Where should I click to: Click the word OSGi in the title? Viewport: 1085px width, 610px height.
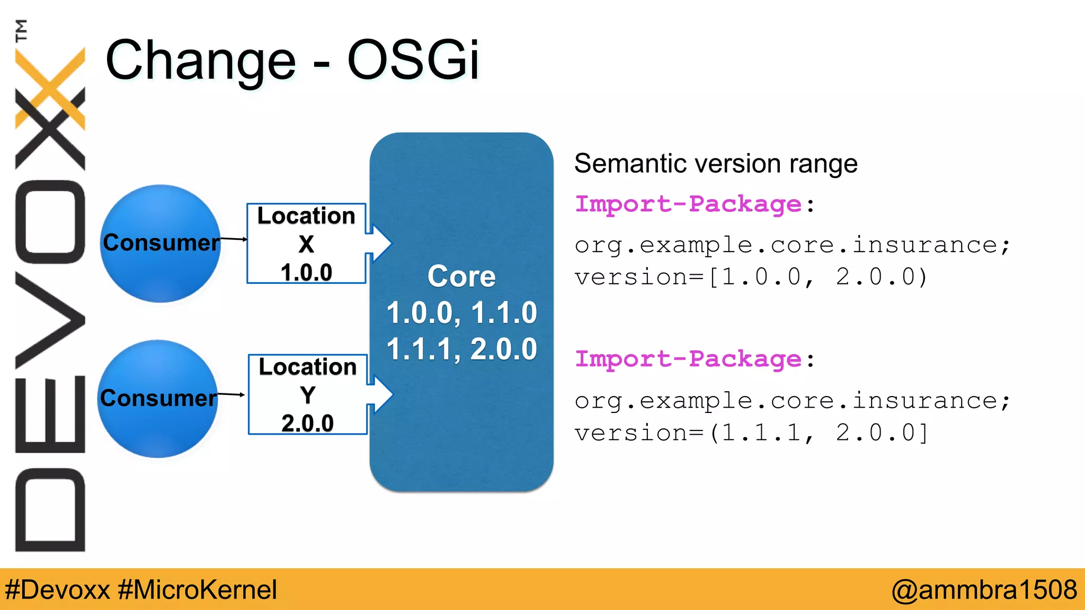coord(413,60)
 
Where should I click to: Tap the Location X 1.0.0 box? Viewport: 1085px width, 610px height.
coord(306,244)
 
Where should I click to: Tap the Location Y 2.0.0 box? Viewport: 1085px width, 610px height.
coord(307,394)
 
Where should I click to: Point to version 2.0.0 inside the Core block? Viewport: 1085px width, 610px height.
coord(503,349)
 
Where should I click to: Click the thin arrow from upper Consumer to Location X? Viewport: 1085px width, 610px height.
coord(233,239)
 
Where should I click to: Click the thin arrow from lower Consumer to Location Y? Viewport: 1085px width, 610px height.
coord(231,394)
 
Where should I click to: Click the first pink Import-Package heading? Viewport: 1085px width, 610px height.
coord(688,204)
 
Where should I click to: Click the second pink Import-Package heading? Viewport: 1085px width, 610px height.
coord(688,359)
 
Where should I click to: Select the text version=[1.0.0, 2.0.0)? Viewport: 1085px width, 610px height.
coord(751,277)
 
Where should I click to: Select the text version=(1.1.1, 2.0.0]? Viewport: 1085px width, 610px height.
coord(751,433)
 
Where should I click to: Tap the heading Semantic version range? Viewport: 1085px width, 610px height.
coord(715,163)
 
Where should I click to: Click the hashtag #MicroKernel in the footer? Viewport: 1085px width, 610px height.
coord(197,589)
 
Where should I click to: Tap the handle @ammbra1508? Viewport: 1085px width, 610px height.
coord(984,589)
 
